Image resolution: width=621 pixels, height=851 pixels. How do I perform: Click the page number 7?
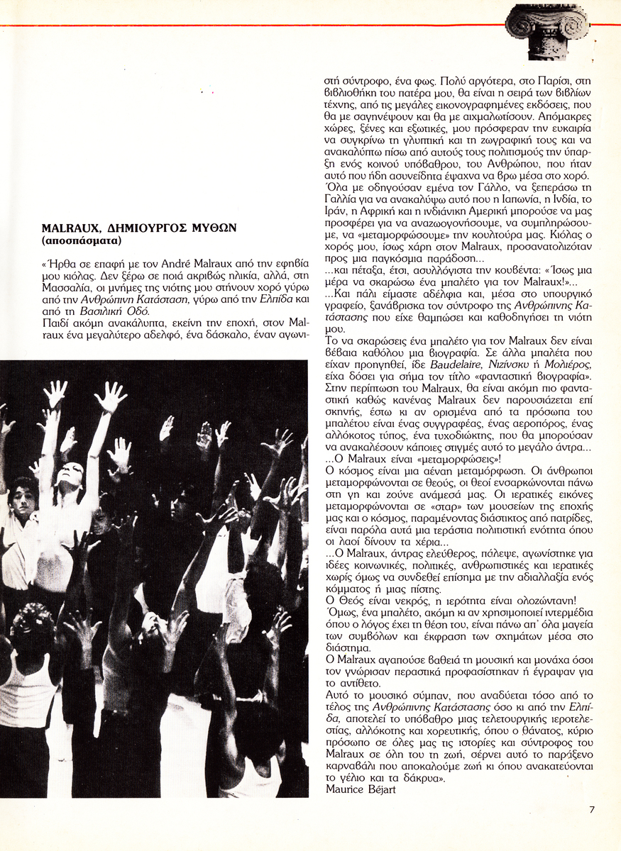pos(592,808)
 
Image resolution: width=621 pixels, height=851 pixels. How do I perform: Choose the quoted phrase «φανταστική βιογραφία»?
pos(536,375)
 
